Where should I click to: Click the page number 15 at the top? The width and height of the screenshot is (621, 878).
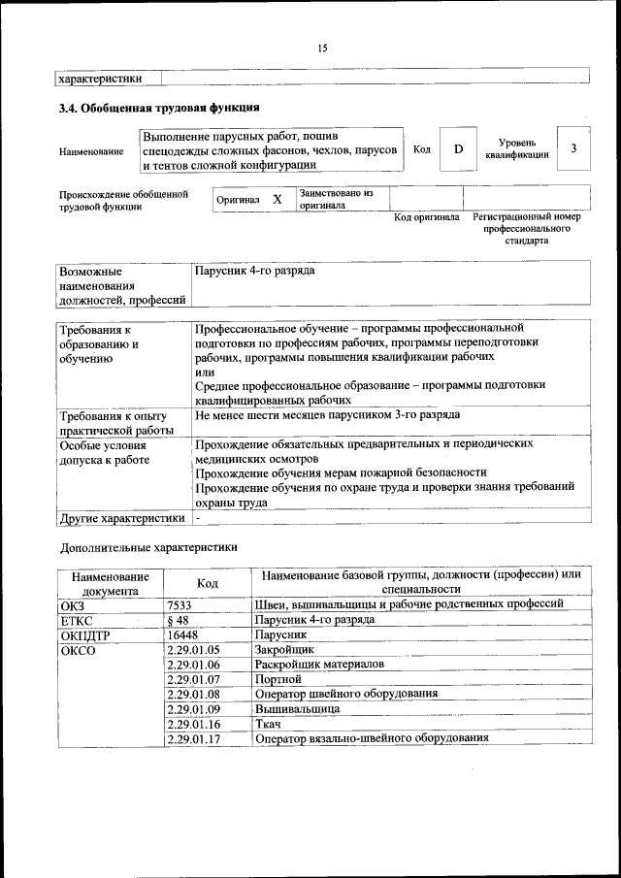(322, 48)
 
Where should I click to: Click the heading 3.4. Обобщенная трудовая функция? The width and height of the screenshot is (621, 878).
(159, 108)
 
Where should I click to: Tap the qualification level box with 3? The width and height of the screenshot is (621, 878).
(573, 148)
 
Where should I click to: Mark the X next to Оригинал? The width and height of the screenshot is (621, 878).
(278, 199)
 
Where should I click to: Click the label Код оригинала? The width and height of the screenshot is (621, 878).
(426, 217)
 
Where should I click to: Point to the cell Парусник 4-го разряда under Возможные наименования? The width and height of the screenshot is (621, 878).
(254, 272)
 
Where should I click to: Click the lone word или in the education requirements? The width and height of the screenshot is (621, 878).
(204, 371)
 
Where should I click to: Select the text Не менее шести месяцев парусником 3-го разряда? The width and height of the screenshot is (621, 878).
(327, 415)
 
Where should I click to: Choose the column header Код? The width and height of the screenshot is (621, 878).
(208, 582)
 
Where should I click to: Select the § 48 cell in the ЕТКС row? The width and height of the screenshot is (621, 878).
(177, 619)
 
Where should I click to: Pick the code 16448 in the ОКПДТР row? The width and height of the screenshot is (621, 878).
(182, 634)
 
